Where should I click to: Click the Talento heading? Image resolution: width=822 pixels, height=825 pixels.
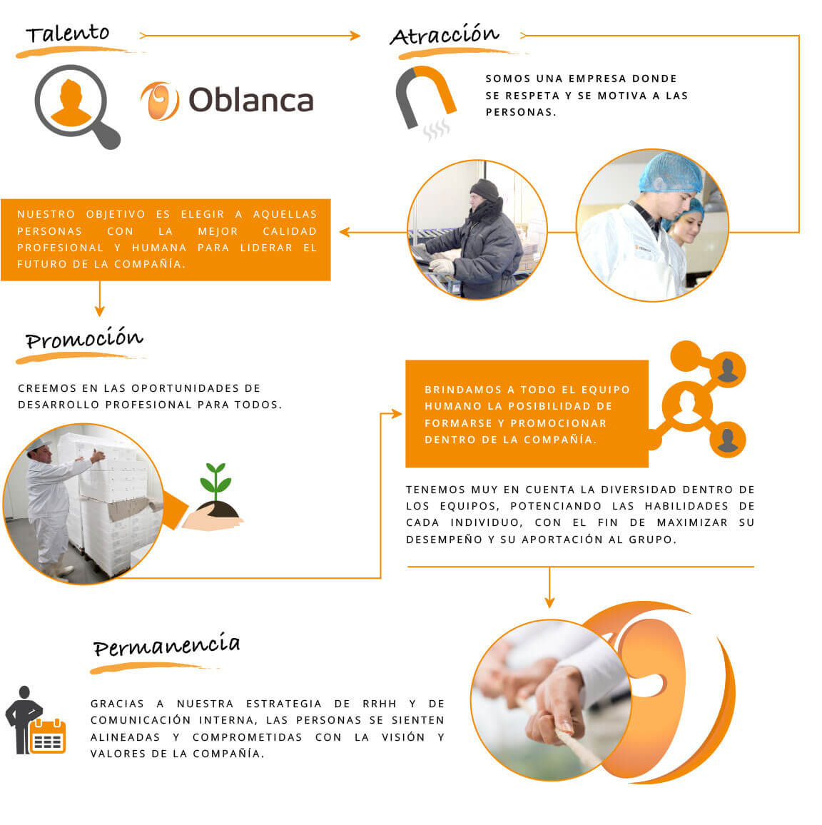[x=68, y=34]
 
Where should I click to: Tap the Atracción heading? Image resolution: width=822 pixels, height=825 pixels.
[x=445, y=35]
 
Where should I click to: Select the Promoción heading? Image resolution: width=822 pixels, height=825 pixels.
[x=84, y=338]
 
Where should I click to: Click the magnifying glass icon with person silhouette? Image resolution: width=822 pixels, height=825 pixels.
[x=77, y=106]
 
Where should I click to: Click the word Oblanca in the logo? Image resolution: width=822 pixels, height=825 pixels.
[x=251, y=100]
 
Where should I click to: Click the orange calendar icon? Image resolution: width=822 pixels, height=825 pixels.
[x=48, y=736]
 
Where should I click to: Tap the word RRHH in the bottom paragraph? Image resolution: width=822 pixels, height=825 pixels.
[x=379, y=704]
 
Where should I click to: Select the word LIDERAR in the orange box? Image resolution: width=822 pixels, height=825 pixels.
[x=266, y=248]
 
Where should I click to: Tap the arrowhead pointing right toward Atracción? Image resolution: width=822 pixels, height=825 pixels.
[x=355, y=36]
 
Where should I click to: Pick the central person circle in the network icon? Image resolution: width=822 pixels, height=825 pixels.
[x=687, y=406]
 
